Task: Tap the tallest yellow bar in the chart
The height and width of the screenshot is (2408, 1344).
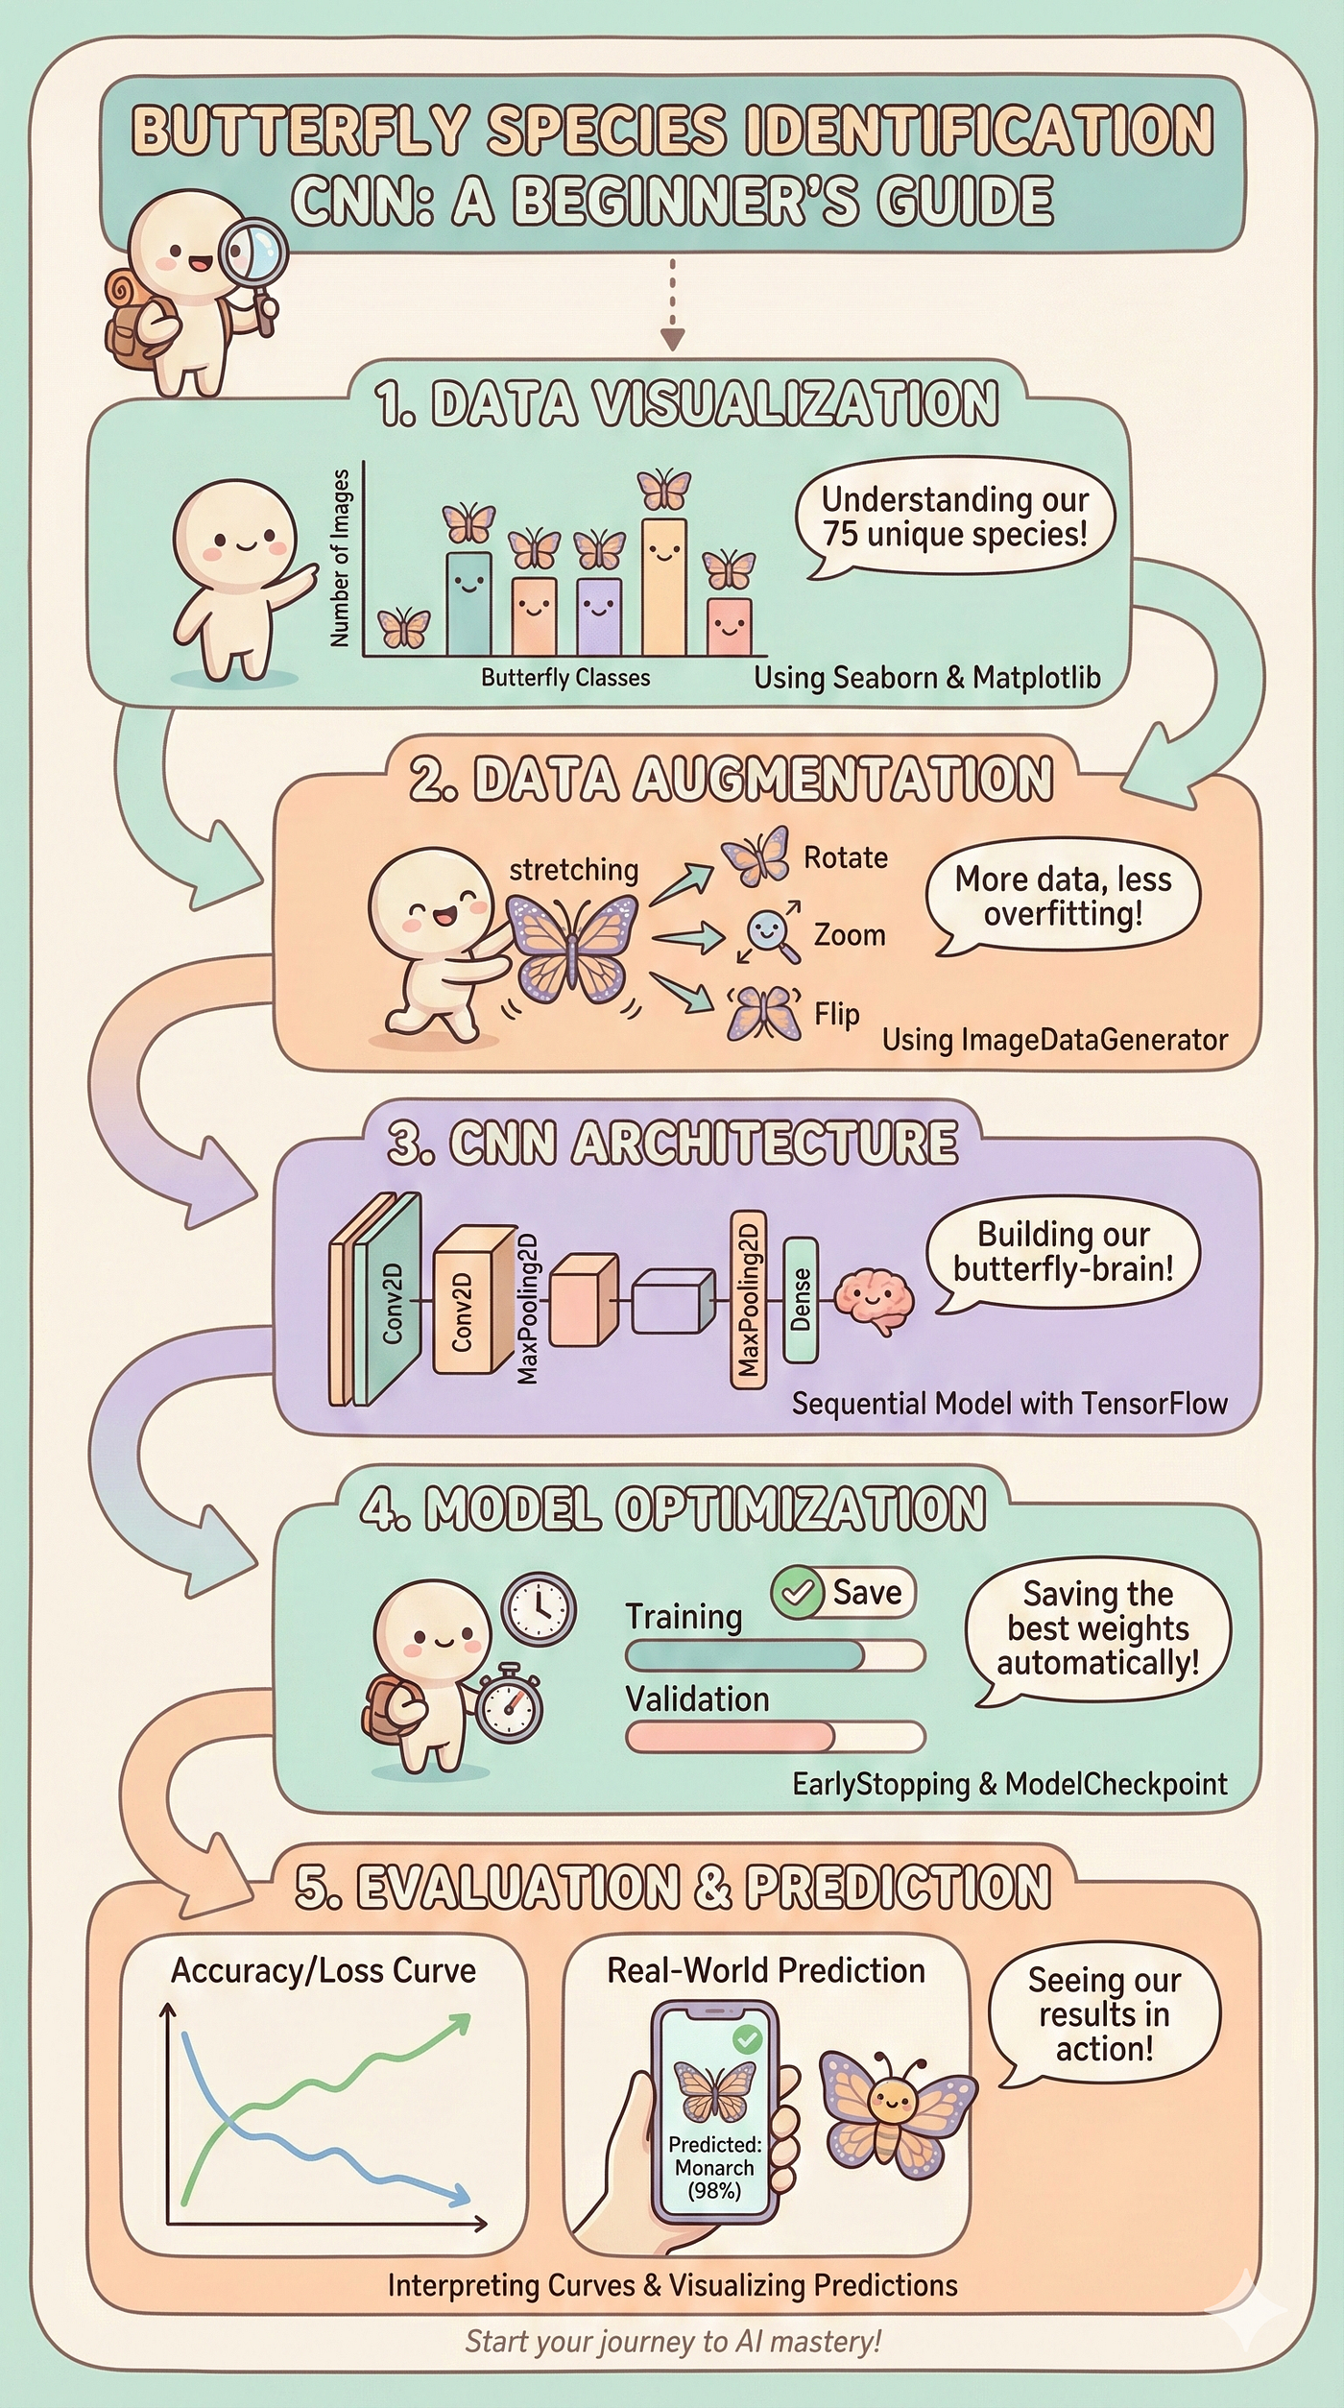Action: pyautogui.click(x=664, y=587)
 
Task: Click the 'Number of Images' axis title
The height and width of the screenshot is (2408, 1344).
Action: pyautogui.click(x=339, y=558)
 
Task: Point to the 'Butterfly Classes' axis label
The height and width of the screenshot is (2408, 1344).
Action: pyautogui.click(x=565, y=678)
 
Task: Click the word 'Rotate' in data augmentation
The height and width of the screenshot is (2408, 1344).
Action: pyautogui.click(x=845, y=856)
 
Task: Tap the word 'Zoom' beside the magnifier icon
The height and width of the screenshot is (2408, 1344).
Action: pyautogui.click(x=849, y=934)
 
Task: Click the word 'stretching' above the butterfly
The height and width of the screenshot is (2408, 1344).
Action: pyautogui.click(x=573, y=870)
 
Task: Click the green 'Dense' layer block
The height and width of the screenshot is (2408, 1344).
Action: pyautogui.click(x=800, y=1300)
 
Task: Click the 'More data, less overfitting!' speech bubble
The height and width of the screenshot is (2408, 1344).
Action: pyautogui.click(x=1063, y=897)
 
